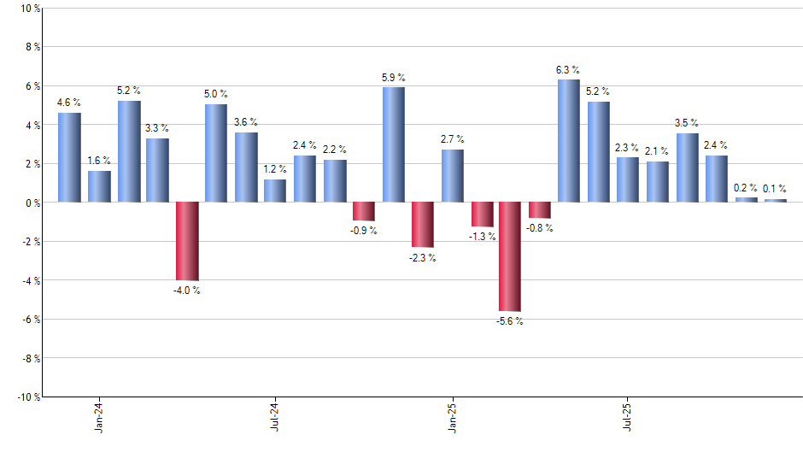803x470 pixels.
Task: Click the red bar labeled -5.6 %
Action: (x=510, y=256)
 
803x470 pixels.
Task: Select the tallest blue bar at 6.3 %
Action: (x=569, y=141)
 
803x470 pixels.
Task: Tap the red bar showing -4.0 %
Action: (x=187, y=241)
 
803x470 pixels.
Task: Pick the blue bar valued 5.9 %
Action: (x=393, y=144)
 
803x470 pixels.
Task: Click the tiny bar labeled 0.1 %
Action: (x=775, y=200)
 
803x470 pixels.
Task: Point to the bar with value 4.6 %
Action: (x=69, y=157)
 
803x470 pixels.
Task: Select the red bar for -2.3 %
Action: (x=423, y=225)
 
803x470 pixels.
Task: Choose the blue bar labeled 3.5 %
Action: (x=687, y=167)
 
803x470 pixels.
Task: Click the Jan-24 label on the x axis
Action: (x=99, y=415)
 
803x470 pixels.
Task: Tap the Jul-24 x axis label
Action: (x=275, y=415)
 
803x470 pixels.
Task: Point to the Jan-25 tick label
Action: (x=452, y=415)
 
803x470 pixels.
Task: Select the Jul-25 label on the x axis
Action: (x=628, y=415)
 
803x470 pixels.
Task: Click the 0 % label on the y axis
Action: (x=33, y=203)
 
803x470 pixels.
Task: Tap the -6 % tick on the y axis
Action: (x=31, y=319)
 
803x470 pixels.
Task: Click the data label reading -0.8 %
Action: (x=539, y=228)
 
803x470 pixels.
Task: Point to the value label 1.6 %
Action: (x=99, y=161)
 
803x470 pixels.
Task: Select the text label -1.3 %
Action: (x=482, y=237)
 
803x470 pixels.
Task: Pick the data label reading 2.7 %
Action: (x=452, y=139)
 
